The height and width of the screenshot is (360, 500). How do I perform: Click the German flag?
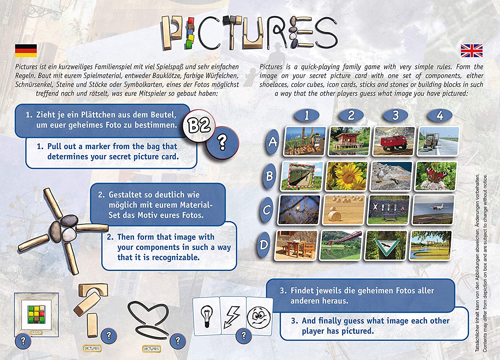point(26,51)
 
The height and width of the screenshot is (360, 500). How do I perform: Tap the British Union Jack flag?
point(472,51)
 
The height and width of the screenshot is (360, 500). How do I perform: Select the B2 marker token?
point(199,125)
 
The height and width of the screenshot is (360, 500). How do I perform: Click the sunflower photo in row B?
point(347,176)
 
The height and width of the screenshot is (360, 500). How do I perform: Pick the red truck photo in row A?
point(394,141)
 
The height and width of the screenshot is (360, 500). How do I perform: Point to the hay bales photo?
point(344,210)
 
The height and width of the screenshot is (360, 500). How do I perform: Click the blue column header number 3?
point(395,115)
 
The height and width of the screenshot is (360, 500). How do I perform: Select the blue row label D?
point(264,245)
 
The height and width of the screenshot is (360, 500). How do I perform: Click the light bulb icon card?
point(207,315)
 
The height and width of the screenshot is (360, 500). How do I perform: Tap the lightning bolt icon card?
point(233,315)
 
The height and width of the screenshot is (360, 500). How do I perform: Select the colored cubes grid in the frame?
point(36,314)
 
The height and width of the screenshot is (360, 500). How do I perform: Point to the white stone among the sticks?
point(69,234)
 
